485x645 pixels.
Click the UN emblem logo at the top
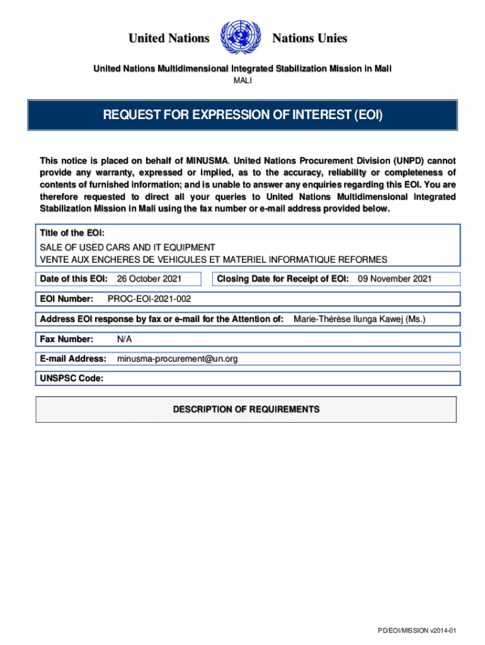(x=242, y=38)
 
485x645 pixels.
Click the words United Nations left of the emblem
(x=169, y=38)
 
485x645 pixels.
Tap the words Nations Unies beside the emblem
(x=309, y=38)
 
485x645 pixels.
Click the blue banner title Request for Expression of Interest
(x=243, y=115)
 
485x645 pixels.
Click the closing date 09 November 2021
(x=395, y=278)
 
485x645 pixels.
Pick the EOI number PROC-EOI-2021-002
(x=149, y=299)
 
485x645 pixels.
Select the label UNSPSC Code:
(x=72, y=379)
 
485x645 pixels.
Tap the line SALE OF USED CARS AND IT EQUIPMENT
(x=127, y=248)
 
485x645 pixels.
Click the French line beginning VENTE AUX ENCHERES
(x=214, y=260)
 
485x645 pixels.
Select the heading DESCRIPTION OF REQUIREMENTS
(x=246, y=409)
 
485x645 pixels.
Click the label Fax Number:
(x=67, y=340)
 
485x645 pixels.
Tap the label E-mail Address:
(x=73, y=359)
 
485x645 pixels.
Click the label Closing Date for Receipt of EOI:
(x=283, y=278)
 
